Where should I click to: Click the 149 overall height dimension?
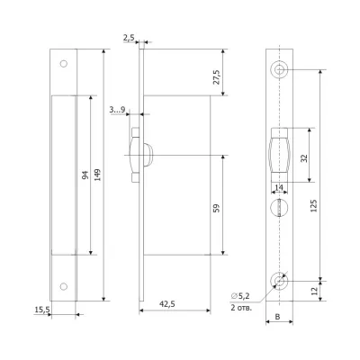pos(98,175)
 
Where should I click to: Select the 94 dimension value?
pos(85,175)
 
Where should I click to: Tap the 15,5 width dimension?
pos(42,310)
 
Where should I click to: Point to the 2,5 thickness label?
pos(128,38)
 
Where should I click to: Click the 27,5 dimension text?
pos(216,77)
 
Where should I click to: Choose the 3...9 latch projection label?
pos(117,110)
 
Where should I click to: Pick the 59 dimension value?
pos(216,208)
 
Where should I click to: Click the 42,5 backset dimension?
pos(166,304)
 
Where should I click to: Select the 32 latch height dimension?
pos(304,158)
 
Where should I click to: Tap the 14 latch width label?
pos(279,187)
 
